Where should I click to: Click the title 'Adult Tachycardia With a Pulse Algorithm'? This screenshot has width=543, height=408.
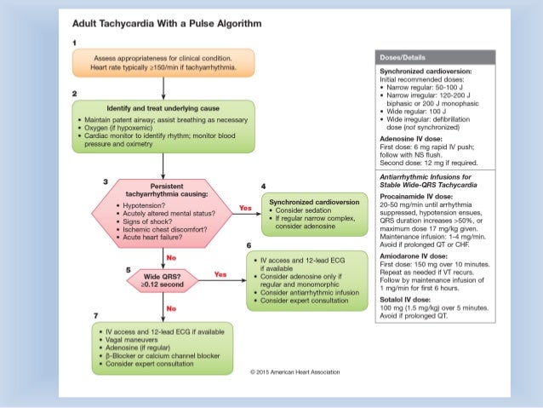point(167,24)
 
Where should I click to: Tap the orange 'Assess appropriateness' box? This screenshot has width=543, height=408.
point(163,63)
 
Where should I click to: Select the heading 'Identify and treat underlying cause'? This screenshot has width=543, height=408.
point(163,108)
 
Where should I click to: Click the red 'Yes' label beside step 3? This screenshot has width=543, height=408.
point(245,208)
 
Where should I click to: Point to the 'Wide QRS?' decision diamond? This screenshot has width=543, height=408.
point(163,280)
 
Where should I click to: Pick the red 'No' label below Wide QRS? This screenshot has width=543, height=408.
point(171,308)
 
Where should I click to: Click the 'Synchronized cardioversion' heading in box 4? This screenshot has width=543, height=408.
point(314,202)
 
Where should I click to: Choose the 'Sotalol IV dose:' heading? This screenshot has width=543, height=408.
point(405,300)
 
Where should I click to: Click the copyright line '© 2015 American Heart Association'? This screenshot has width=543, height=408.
point(295,372)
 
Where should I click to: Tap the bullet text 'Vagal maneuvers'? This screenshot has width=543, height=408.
point(132,340)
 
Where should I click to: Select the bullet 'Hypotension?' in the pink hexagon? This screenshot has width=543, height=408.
point(144,205)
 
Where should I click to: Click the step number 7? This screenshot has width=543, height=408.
point(95,316)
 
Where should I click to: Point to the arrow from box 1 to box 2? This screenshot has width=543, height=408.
point(163,88)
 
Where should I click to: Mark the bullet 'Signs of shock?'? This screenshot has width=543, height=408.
point(147,221)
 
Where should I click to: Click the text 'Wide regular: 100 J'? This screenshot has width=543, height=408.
point(416,112)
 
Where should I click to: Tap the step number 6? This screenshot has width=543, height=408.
point(249,245)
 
